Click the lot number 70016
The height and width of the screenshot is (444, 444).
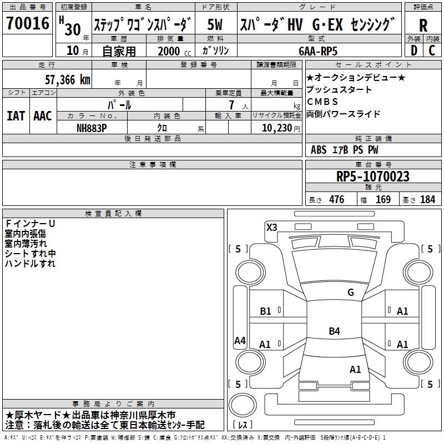coord(27,23)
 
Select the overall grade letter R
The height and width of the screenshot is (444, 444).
coord(423,26)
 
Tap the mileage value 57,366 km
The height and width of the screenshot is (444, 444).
coord(68,80)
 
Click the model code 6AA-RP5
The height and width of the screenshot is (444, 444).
coord(318,51)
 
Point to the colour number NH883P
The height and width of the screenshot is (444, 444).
coord(92,128)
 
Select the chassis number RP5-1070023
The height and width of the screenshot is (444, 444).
coord(372,176)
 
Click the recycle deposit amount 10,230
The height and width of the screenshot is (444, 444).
coord(277,128)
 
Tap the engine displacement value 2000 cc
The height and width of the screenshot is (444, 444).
coord(174,51)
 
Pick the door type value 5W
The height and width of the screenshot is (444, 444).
coord(215,24)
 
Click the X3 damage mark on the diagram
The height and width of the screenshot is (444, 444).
coord(271,228)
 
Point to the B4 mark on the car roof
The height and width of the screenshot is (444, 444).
coord(334,331)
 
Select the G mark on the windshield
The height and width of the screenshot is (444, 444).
coord(351,292)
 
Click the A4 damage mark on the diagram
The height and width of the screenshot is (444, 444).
coord(240,340)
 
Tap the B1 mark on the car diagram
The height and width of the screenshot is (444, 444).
coord(265,311)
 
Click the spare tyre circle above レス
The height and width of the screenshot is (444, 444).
coord(243,405)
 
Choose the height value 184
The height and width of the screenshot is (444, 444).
coord(427,199)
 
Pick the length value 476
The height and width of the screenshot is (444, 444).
coord(337,199)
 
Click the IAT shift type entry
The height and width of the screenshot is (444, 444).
coord(16,116)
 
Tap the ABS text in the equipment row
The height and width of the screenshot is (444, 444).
coord(319,150)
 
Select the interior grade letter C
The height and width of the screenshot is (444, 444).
coord(432,51)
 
